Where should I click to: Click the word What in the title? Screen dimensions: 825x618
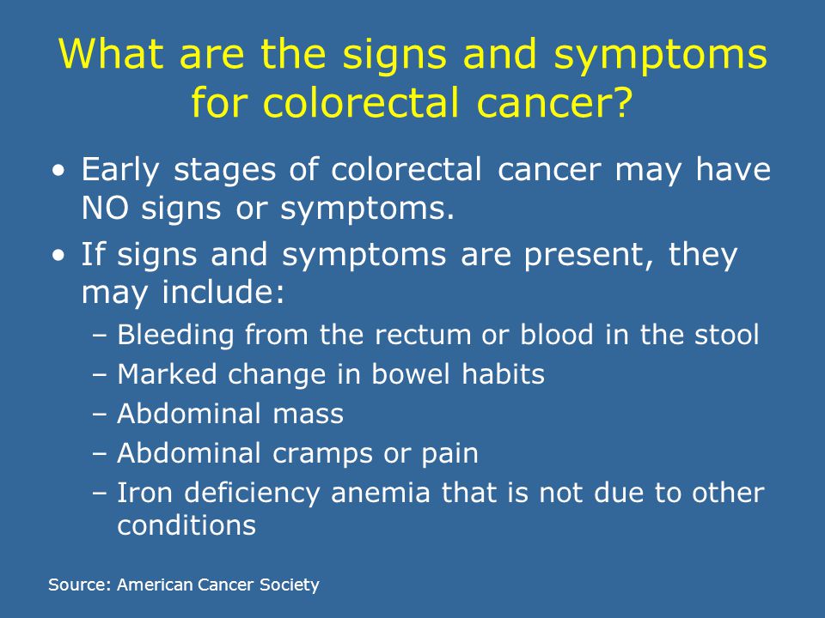click(111, 53)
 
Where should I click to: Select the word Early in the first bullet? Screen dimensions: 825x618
click(119, 171)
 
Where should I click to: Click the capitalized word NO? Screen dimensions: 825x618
click(105, 208)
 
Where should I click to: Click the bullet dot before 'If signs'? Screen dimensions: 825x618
click(59, 255)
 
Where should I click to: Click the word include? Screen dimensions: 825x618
click(223, 291)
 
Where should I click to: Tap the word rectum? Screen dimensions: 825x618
click(423, 335)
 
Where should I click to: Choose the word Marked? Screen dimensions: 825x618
click(167, 374)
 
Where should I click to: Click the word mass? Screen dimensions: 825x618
click(308, 414)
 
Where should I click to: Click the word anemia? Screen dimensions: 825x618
click(381, 493)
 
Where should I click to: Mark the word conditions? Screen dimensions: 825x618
click(186, 525)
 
